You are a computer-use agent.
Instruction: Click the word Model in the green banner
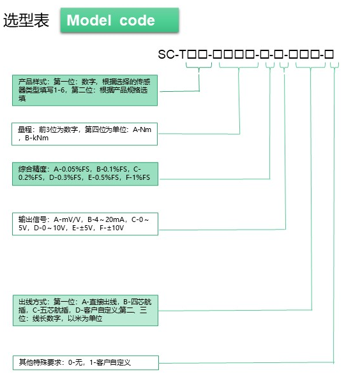click(x=89, y=20)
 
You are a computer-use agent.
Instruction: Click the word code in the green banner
click(x=137, y=20)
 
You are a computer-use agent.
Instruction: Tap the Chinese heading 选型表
click(x=26, y=20)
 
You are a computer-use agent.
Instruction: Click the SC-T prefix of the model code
click(x=172, y=54)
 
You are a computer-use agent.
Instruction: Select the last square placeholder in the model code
click(x=329, y=54)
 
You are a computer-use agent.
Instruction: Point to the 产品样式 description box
click(x=85, y=90)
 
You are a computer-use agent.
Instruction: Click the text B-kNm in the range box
click(x=36, y=138)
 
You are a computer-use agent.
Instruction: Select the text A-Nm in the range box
click(x=142, y=129)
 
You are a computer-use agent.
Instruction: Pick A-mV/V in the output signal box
click(x=67, y=219)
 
